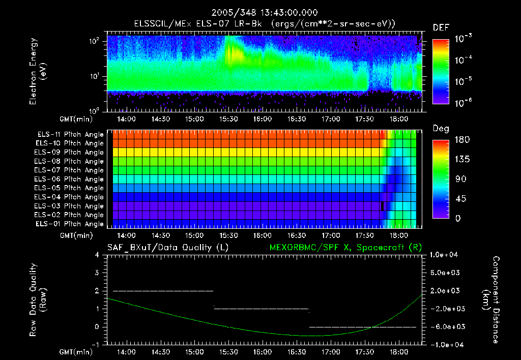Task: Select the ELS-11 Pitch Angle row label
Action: [x=70, y=134]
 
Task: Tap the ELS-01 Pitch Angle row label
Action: [x=70, y=224]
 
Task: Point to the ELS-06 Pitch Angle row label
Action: [x=70, y=179]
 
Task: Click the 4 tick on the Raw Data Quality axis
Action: [x=98, y=255]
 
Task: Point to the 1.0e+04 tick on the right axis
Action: [x=445, y=255]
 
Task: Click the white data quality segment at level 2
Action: [x=163, y=291]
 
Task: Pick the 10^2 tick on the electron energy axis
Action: [x=95, y=41]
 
